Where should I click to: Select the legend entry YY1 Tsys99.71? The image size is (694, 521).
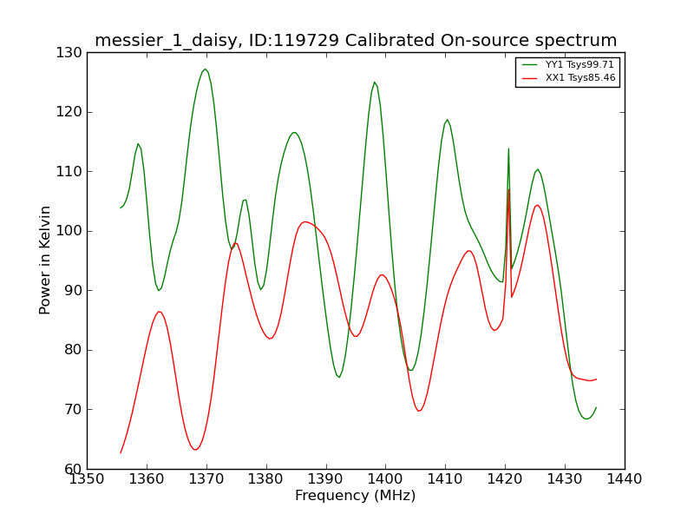[x=568, y=64]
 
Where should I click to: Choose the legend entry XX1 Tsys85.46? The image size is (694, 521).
[x=568, y=78]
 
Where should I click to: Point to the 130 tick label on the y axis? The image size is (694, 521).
[x=69, y=53]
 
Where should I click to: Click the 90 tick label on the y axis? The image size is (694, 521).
[x=73, y=291]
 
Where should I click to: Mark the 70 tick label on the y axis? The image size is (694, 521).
[x=73, y=409]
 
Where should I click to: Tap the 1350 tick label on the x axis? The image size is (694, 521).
[x=88, y=479]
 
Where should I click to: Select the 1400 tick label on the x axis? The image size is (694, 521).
[x=386, y=479]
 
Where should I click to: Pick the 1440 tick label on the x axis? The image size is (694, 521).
[x=625, y=479]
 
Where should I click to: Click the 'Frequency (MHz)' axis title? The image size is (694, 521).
[x=356, y=495]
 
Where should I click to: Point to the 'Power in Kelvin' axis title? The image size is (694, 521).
[x=45, y=260]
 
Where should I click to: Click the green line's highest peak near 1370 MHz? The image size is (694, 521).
[x=205, y=69]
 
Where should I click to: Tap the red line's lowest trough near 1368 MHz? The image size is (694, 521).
[x=195, y=450]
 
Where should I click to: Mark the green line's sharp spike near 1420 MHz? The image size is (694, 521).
[x=508, y=148]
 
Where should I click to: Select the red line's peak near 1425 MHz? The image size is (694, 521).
[x=537, y=205]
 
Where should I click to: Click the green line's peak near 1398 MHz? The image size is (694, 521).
[x=375, y=82]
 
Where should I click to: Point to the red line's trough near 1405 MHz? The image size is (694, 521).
[x=419, y=411]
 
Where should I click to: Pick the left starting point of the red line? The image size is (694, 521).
[x=121, y=452]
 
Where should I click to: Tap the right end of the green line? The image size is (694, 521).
[x=596, y=407]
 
